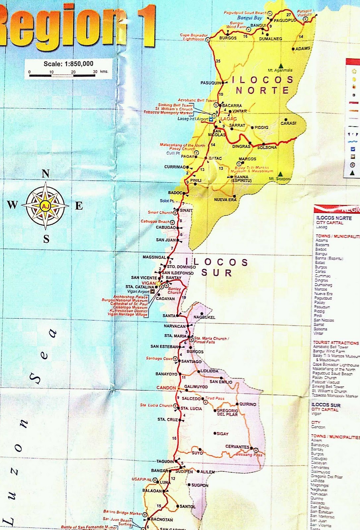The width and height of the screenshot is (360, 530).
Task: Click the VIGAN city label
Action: [149, 283]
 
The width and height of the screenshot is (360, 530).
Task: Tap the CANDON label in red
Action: [166, 388]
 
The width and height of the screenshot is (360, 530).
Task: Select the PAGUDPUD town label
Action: [285, 20]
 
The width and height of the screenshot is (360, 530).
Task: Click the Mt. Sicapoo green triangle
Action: [280, 174]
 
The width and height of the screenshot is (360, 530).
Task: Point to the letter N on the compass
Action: [46, 173]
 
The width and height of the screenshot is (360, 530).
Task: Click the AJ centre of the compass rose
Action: [45, 206]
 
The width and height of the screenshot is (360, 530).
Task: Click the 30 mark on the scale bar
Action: [95, 72]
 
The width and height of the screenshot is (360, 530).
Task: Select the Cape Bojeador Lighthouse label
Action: [194, 37]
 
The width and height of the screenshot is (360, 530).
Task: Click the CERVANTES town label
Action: [237, 447]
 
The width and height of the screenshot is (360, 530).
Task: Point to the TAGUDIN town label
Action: [165, 461]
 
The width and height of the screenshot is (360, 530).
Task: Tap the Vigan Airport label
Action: [138, 291]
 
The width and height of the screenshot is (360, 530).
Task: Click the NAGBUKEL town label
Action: [204, 317]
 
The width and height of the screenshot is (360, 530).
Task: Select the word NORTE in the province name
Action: [262, 90]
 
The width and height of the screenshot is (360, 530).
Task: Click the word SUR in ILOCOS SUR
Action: [216, 273]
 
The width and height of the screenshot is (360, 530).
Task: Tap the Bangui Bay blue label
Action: [249, 18]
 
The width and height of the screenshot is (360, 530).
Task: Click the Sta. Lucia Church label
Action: [156, 405]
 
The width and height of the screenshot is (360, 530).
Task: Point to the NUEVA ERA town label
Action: [225, 200]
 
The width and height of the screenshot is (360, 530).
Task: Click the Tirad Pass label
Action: [215, 398]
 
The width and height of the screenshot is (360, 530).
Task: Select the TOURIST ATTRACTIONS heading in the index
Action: [335, 343]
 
